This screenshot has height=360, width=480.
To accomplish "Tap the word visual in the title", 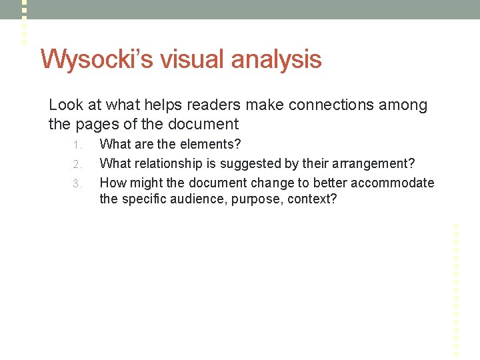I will pos(193,59).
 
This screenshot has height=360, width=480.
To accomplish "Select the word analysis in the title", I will pos(276,59).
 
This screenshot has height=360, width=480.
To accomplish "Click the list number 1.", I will pos(77,145).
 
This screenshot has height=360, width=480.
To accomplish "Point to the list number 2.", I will pos(77,164).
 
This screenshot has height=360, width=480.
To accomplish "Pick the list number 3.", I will pos(77,183).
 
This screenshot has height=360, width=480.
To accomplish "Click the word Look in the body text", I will pos(65,105).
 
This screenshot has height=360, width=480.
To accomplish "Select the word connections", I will pos(315,105).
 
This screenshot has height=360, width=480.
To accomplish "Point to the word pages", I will pos(94,124).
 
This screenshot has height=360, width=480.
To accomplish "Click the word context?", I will pos(313,199).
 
